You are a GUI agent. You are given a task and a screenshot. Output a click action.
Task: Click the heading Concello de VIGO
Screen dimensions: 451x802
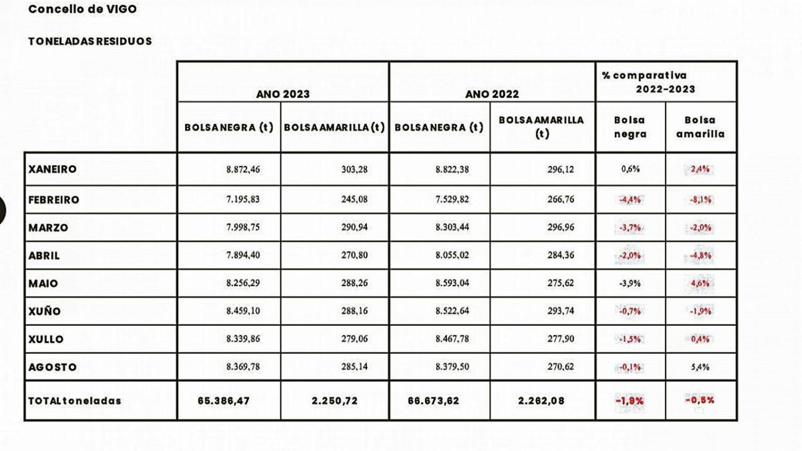pyautogui.click(x=82, y=9)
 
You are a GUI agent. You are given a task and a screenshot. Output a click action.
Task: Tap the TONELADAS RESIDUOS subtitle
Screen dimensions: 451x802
pyautogui.click(x=90, y=42)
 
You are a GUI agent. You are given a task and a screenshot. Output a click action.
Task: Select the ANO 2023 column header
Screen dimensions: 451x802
pyautogui.click(x=283, y=94)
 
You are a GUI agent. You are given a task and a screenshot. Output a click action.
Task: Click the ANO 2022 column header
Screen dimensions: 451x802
pyautogui.click(x=492, y=94)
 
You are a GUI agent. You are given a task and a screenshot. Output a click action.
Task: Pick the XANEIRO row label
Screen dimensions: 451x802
pyautogui.click(x=53, y=169)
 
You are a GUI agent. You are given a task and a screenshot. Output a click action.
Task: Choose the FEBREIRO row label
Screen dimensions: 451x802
pyautogui.click(x=54, y=200)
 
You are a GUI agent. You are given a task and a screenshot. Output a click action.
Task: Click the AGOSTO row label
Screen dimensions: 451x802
pyautogui.click(x=53, y=367)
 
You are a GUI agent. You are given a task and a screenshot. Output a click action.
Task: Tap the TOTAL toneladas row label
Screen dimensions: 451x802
pyautogui.click(x=75, y=401)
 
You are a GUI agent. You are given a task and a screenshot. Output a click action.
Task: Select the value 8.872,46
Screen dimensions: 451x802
pyautogui.click(x=243, y=169)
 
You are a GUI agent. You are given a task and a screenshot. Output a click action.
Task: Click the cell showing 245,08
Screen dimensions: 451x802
pyautogui.click(x=354, y=199)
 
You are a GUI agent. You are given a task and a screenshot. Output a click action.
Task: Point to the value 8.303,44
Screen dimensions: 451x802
pyautogui.click(x=452, y=228)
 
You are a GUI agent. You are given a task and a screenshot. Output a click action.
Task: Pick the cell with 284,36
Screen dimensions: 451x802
pyautogui.click(x=561, y=255)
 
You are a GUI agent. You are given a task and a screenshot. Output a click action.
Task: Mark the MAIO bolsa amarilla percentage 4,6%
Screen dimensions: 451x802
pyautogui.click(x=700, y=283)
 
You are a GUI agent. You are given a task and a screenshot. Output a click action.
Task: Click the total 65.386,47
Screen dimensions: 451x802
pyautogui.click(x=224, y=401)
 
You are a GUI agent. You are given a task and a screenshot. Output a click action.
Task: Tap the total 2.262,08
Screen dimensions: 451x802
pyautogui.click(x=541, y=401)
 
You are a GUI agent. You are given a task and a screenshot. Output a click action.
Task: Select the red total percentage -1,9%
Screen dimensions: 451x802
pyautogui.click(x=630, y=401)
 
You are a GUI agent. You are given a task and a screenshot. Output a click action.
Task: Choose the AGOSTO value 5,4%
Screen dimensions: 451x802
pyautogui.click(x=700, y=367)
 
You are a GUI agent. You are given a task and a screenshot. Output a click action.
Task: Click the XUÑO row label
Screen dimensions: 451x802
pyautogui.click(x=45, y=311)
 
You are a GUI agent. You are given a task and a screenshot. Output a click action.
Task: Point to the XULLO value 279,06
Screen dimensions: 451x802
pyautogui.click(x=354, y=339)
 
